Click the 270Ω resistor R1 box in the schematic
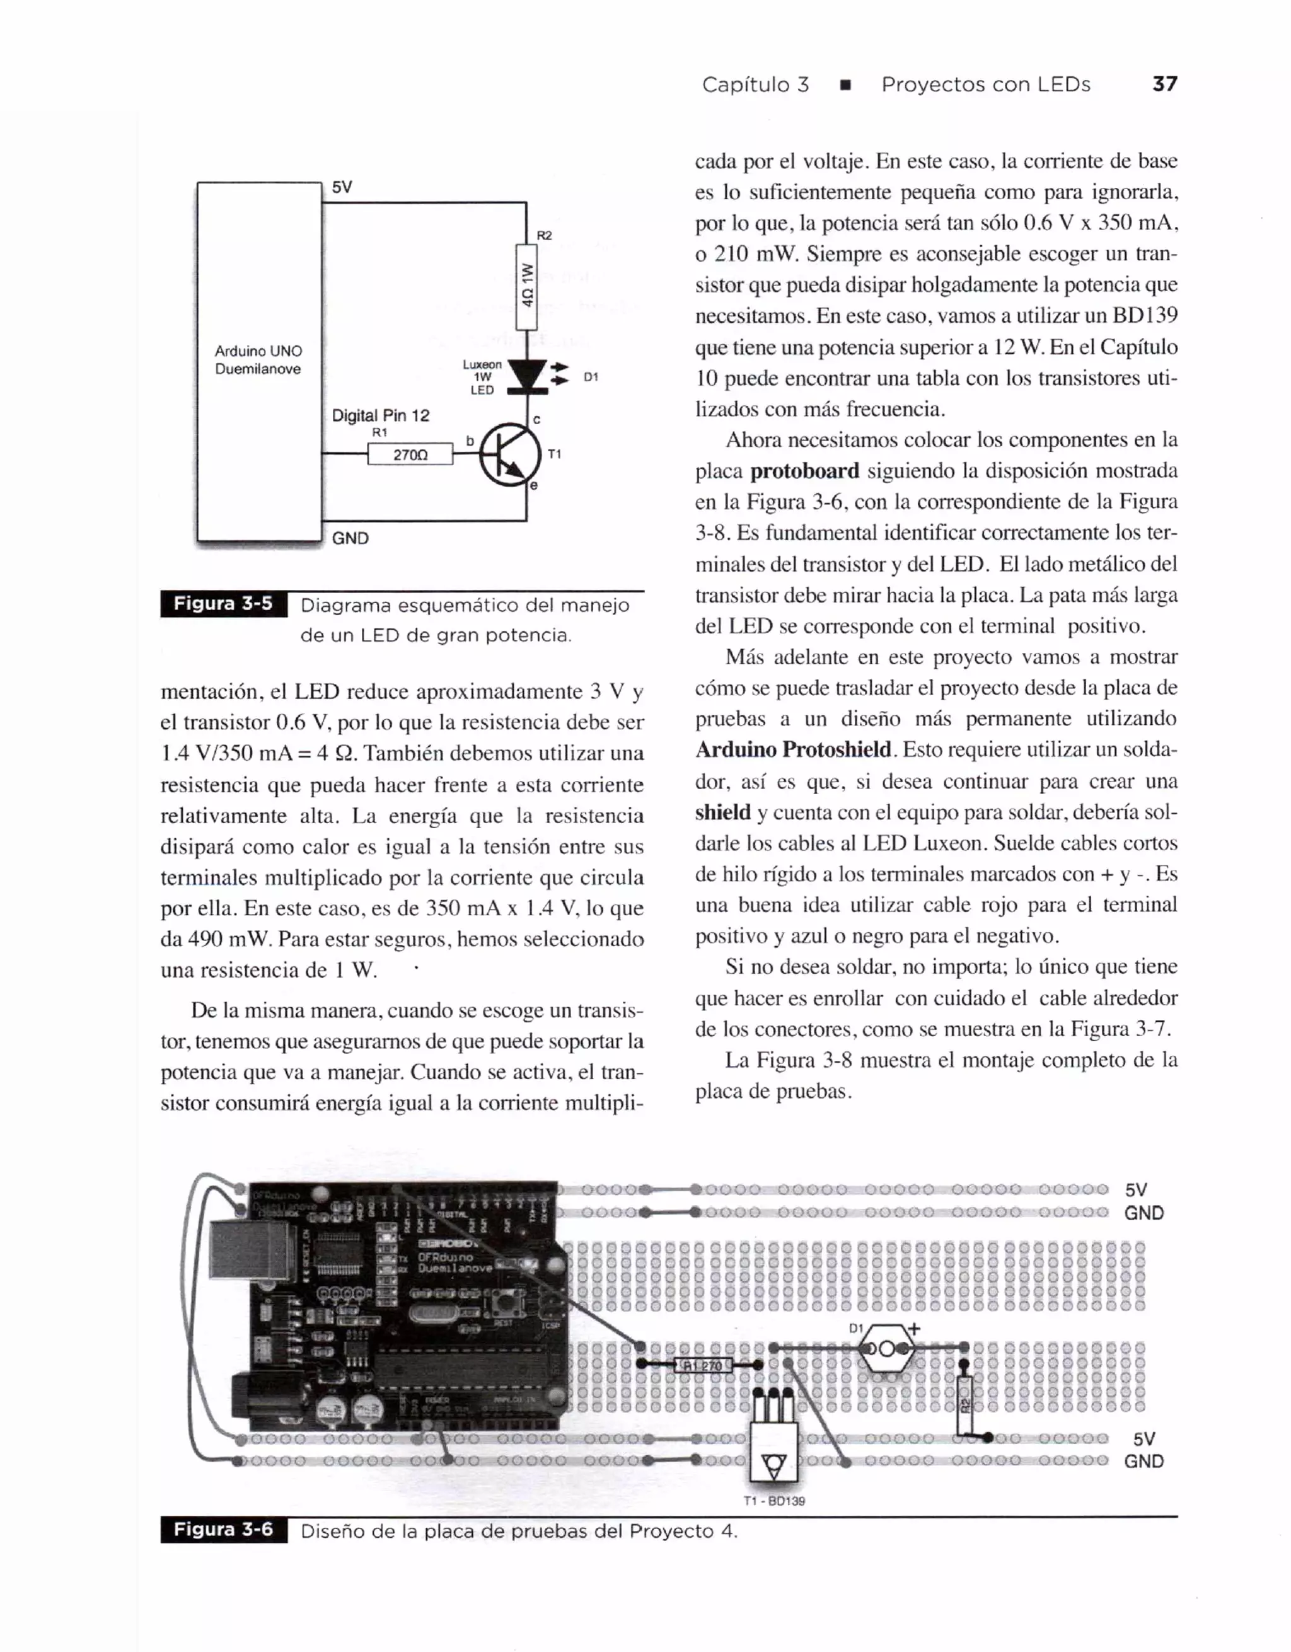tap(410, 454)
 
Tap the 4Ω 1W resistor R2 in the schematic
tap(526, 286)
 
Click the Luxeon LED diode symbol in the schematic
tap(527, 376)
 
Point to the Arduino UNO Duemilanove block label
tap(258, 360)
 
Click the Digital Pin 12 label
tap(380, 415)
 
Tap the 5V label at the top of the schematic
tap(342, 187)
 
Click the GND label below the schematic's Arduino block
tap(350, 538)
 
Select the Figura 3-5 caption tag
tap(223, 604)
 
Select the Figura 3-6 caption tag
tap(223, 1530)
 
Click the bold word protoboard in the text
tap(805, 471)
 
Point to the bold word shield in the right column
tap(722, 812)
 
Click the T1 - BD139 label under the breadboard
tap(773, 1501)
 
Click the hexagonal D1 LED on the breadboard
tap(886, 1348)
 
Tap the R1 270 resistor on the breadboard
tap(703, 1365)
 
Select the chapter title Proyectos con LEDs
tap(985, 84)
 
